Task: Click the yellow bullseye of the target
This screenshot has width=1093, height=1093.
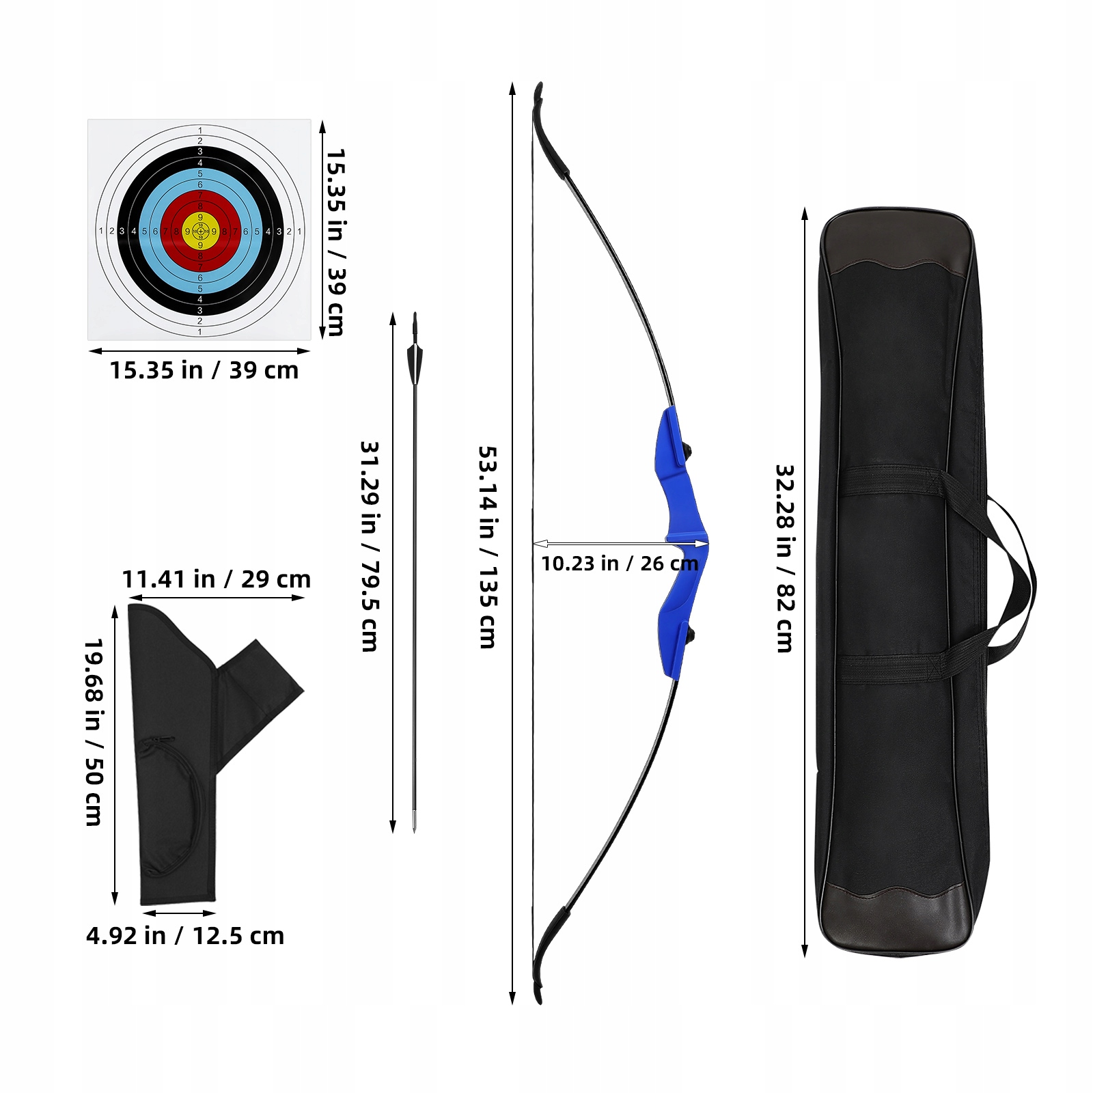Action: tap(200, 231)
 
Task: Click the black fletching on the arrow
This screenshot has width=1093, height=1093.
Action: tap(415, 362)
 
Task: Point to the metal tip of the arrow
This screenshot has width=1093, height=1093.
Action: tap(415, 823)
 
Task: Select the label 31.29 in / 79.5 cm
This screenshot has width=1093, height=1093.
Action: tap(370, 546)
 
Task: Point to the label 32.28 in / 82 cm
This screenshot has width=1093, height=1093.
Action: tap(785, 558)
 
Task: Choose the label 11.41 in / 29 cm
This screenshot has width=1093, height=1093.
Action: tap(216, 579)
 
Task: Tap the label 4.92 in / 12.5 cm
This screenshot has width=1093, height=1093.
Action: tap(185, 936)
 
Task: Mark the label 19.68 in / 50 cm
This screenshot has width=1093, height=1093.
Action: tap(94, 732)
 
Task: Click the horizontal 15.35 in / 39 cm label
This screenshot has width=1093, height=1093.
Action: tap(204, 370)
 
